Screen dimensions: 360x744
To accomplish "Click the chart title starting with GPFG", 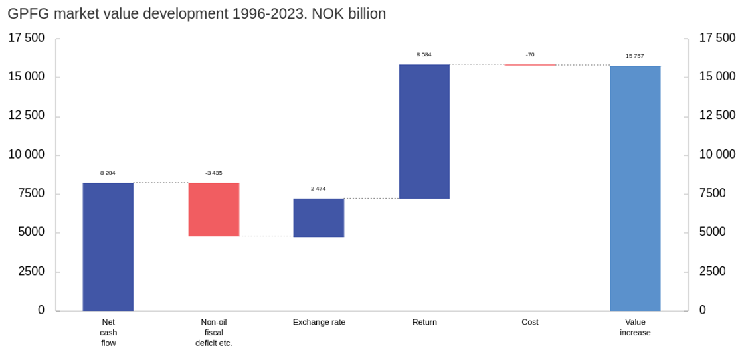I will click(197, 13).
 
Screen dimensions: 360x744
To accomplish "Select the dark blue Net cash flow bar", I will click(108, 246).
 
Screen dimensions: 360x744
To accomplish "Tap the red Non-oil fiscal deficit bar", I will click(214, 209).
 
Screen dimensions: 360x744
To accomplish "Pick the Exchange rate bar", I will click(319, 217).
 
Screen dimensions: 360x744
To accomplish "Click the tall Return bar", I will click(424, 131).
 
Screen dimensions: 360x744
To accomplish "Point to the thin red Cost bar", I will click(530, 65).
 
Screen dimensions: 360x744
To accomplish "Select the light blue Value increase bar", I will click(635, 188).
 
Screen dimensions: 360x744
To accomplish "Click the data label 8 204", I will click(108, 173).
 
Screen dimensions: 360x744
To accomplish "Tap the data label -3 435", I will click(214, 173).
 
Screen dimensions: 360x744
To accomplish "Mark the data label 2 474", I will click(318, 188).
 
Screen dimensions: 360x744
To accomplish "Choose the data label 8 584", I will click(424, 54).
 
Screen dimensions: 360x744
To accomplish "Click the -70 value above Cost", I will click(530, 54).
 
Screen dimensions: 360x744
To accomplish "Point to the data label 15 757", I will click(634, 56).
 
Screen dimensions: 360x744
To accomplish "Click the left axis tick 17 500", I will click(27, 38).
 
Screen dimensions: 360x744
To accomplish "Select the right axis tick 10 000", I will click(717, 155).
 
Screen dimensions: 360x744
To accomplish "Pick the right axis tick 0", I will click(703, 310).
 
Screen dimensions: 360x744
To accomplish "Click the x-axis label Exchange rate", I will click(319, 322).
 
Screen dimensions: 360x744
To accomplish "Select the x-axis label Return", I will click(424, 322).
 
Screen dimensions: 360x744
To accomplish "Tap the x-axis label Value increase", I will click(635, 327).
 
